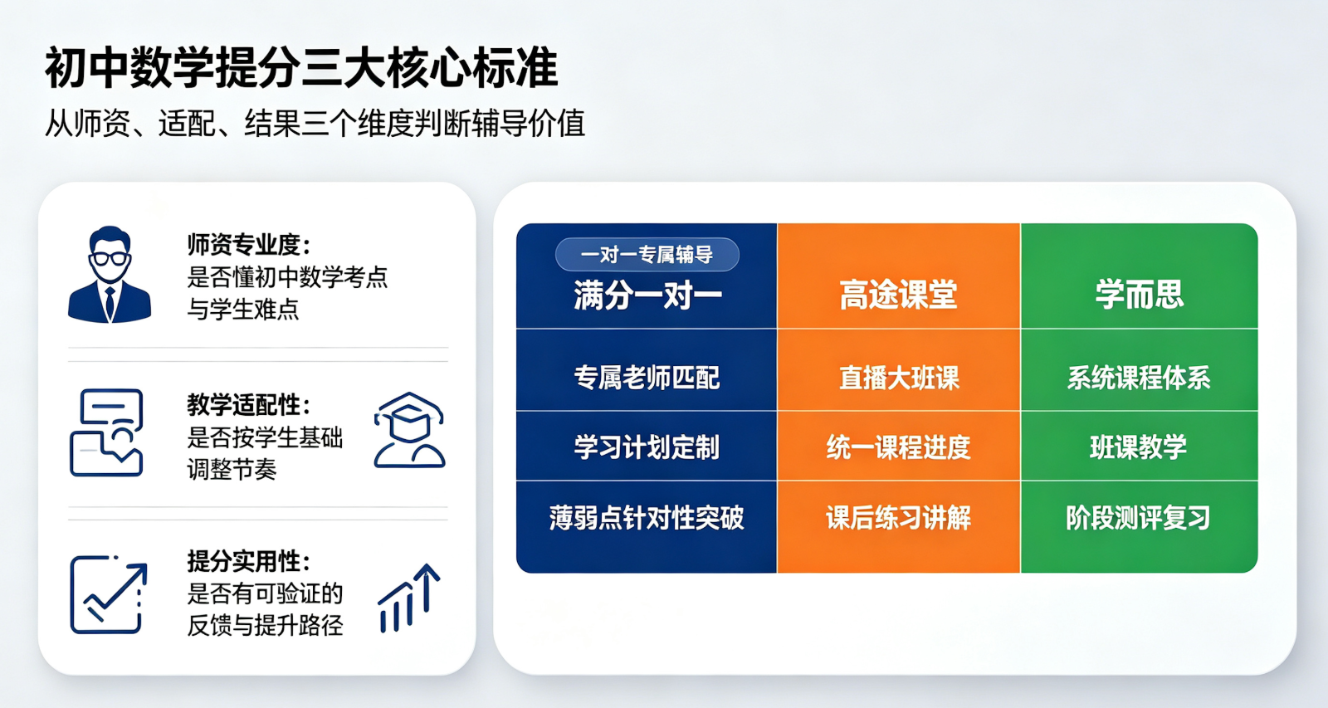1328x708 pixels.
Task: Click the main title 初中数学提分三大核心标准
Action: (x=301, y=68)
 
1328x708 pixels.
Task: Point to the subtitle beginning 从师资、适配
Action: (x=315, y=124)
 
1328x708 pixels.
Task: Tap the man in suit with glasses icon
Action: (x=110, y=274)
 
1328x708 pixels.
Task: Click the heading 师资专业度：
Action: (x=249, y=244)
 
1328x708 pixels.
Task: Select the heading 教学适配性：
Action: (x=249, y=405)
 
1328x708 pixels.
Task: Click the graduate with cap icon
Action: (x=409, y=430)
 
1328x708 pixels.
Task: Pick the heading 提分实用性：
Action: (x=249, y=561)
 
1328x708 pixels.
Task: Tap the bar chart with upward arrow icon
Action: (x=409, y=598)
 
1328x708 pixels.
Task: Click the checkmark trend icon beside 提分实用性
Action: (x=109, y=595)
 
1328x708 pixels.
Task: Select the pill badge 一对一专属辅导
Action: (x=647, y=254)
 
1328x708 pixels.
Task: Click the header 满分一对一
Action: (x=647, y=295)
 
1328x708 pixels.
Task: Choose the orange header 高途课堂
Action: (x=898, y=294)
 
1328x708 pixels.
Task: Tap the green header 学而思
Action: (x=1139, y=294)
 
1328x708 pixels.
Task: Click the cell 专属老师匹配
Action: (x=647, y=378)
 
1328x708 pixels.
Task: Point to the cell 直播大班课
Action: (x=899, y=378)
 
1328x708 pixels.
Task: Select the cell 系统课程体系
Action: (x=1138, y=378)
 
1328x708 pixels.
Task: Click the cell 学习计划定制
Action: (x=647, y=447)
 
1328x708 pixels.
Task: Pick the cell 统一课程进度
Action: (x=899, y=447)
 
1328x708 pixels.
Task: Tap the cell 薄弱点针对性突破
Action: (x=647, y=518)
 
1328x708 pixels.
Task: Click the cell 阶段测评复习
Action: (x=1138, y=518)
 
